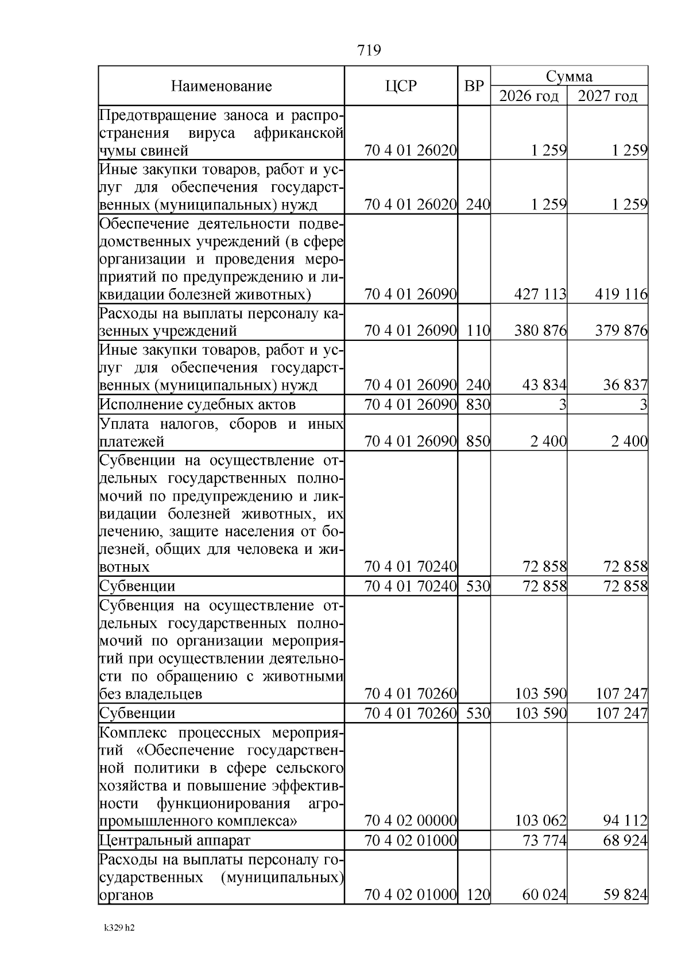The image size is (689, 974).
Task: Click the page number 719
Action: (369, 51)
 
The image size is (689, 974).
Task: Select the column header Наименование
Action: (221, 87)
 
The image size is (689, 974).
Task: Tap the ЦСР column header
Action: (401, 86)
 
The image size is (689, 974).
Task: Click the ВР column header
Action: (474, 86)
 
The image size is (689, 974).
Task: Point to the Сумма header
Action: (569, 76)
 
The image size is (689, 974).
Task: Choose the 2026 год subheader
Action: (529, 96)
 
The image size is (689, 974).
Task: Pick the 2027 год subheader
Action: (607, 96)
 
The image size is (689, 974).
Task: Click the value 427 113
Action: (540, 294)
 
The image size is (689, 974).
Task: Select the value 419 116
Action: (621, 294)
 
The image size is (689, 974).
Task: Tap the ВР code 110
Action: (478, 331)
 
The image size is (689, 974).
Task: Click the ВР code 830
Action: (478, 405)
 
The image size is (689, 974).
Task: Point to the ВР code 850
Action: (478, 441)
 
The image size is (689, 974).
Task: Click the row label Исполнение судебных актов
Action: (198, 405)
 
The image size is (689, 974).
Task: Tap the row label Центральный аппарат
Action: (175, 841)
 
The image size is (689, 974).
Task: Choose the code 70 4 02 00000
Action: (411, 821)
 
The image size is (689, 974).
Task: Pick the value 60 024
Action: (544, 895)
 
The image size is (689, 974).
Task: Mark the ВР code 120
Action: (478, 895)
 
